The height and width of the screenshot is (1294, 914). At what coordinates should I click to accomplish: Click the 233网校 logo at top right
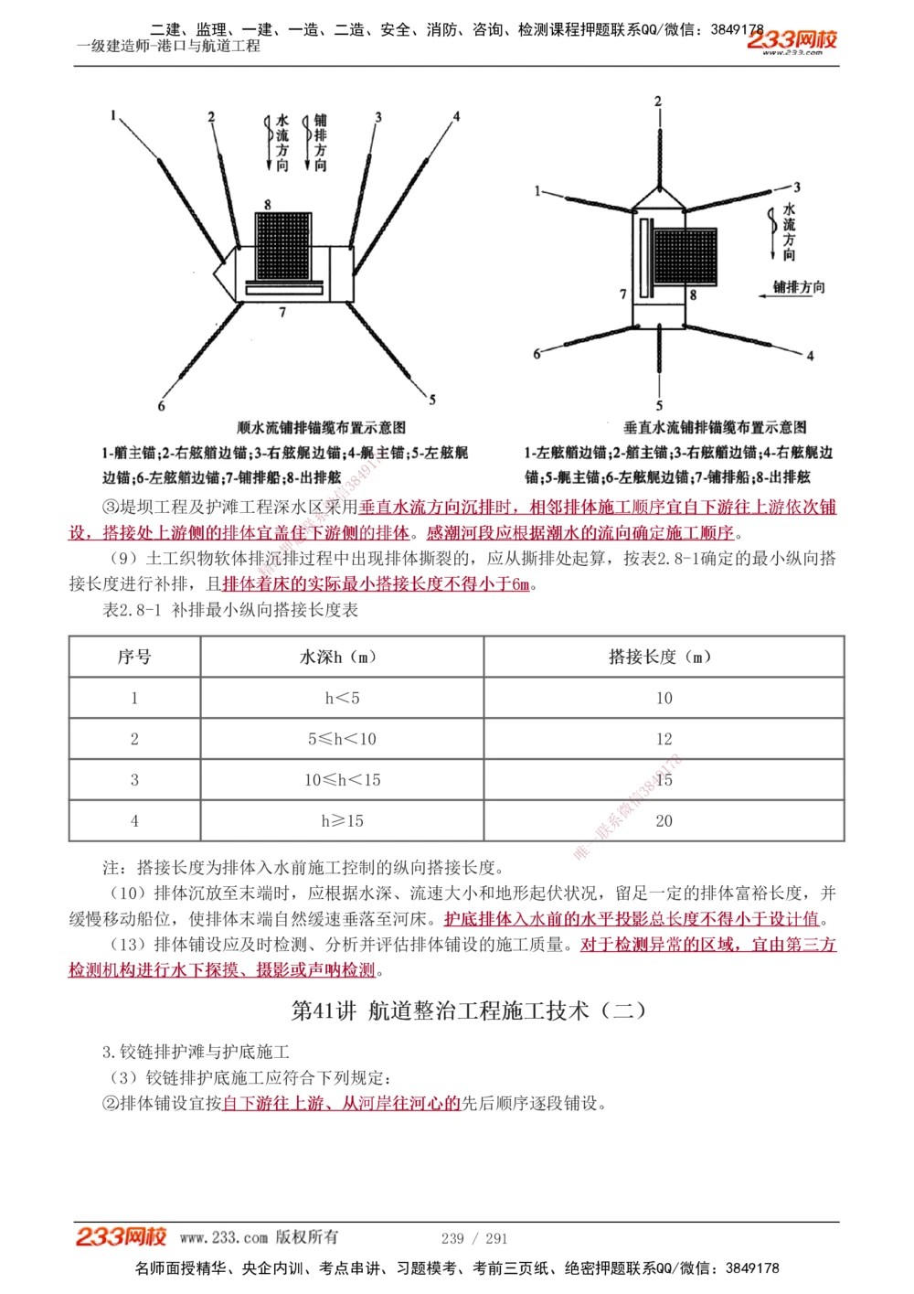point(792,40)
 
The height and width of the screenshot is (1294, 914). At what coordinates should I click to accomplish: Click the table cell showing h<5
point(342,698)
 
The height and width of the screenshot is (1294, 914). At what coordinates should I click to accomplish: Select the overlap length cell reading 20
point(664,821)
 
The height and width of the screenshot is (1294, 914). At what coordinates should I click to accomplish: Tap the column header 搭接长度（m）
point(664,657)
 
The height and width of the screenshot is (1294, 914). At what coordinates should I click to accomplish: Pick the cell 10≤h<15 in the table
point(342,780)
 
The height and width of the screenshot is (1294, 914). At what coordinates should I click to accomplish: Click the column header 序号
point(134,657)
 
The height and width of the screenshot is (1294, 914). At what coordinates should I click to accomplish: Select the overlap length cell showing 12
point(664,739)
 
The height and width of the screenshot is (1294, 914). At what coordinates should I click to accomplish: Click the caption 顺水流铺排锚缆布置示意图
point(322,427)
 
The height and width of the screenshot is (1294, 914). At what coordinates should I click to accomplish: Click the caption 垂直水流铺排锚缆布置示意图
point(715,427)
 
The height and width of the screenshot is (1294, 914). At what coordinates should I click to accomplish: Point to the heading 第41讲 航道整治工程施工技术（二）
point(469,1011)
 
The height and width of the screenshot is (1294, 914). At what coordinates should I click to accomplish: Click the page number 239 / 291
point(473,1238)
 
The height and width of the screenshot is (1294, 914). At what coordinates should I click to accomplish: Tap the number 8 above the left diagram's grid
point(268,205)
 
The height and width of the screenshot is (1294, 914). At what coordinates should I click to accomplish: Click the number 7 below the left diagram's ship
point(282,313)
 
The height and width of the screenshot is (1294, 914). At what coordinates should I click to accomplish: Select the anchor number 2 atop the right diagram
point(658,102)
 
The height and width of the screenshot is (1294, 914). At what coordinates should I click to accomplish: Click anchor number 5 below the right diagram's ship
point(659,405)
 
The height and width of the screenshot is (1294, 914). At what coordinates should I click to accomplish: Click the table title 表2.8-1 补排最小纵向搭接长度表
point(230,610)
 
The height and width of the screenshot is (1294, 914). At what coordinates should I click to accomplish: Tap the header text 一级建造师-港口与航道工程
point(169,46)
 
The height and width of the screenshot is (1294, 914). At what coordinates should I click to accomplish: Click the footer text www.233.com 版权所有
point(259,1237)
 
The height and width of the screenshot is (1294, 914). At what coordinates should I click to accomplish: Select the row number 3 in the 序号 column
point(134,780)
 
